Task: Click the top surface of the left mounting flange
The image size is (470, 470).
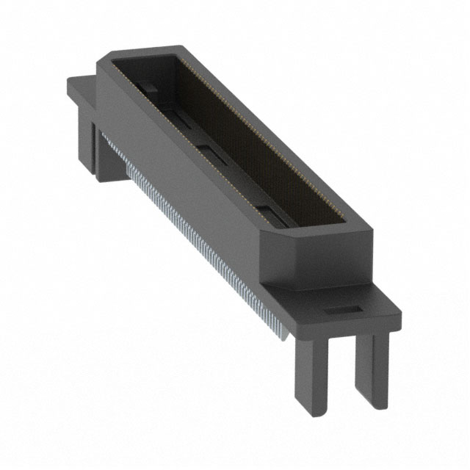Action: tap(81, 88)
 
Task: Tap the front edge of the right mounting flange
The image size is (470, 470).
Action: tap(323, 327)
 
